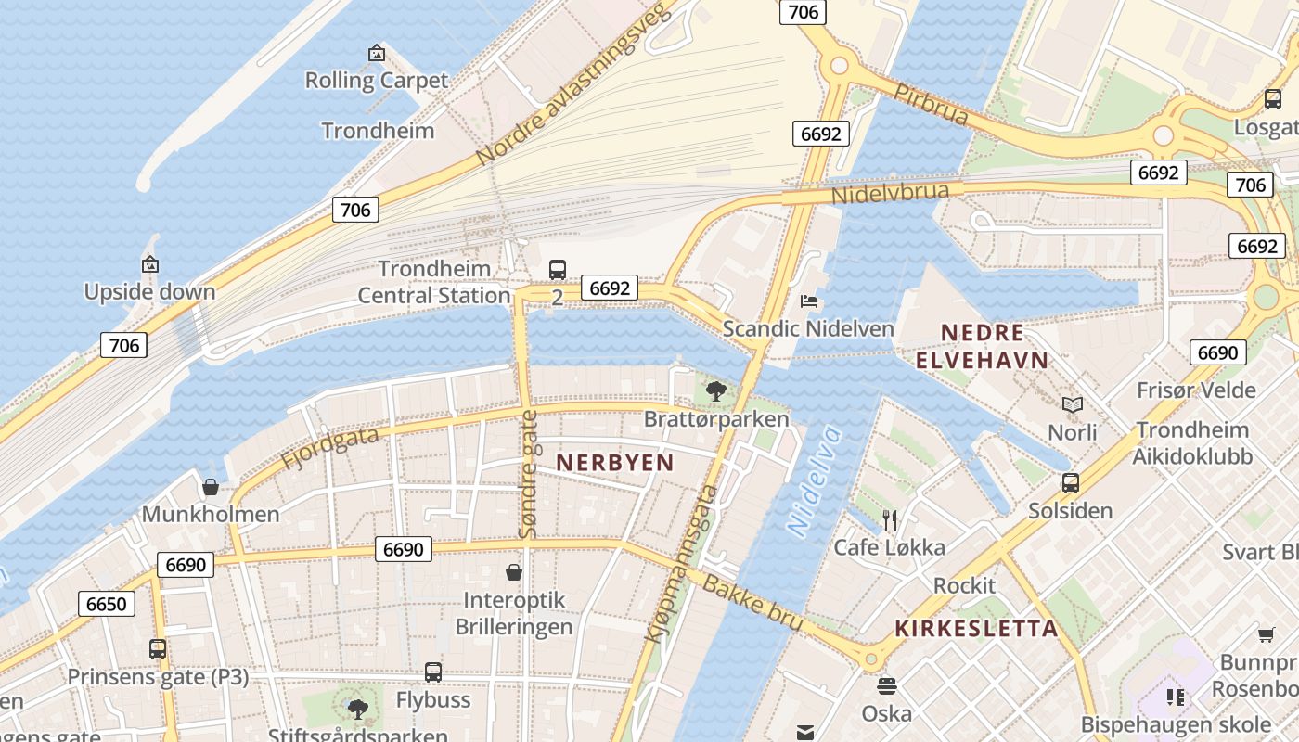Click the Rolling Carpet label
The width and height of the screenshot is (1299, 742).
point(377,81)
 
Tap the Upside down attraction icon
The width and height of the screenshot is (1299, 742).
point(150,265)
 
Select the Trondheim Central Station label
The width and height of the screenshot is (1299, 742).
point(434,282)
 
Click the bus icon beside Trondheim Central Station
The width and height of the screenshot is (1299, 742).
point(557,270)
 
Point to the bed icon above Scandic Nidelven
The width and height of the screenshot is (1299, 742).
point(809,301)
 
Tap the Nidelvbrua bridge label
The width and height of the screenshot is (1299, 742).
point(890,194)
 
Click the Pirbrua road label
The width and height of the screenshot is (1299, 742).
point(931,103)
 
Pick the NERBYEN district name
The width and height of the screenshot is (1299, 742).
point(615,462)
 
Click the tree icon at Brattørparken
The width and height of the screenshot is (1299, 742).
point(715,390)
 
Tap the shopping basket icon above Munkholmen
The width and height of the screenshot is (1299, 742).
point(211,487)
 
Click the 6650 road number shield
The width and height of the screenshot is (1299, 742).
point(106,604)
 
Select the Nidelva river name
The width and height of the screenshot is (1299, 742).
point(814,480)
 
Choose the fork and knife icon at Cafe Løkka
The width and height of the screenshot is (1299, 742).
point(890,519)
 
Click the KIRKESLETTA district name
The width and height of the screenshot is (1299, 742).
point(976,628)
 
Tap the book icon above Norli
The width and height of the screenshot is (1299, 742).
point(1073,404)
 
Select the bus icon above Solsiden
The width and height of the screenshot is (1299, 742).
point(1071,483)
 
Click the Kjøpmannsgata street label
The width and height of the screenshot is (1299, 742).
point(682,563)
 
